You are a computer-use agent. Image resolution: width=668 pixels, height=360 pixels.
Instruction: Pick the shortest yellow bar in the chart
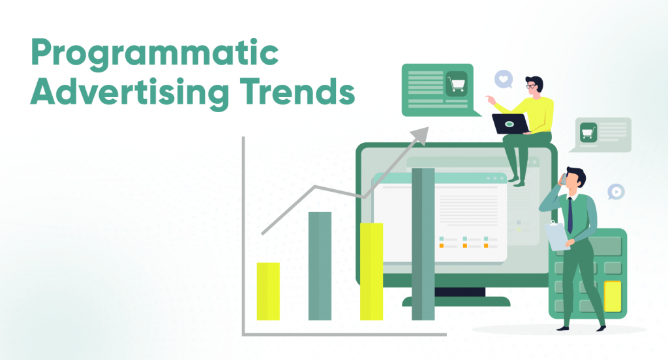[x=268, y=291]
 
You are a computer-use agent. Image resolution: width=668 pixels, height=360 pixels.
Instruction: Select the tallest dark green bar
[x=423, y=244]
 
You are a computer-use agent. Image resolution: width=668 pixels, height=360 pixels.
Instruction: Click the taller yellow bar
[x=371, y=271]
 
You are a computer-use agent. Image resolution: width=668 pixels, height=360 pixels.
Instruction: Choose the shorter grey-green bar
[x=320, y=265]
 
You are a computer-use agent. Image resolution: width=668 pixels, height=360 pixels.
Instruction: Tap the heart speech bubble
[x=503, y=80]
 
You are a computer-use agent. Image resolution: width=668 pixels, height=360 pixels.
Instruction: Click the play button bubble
[x=615, y=191]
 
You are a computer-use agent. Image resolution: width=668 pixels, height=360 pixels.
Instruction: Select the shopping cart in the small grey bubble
[x=589, y=132]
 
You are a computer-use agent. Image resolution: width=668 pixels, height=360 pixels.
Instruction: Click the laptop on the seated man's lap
[x=511, y=123]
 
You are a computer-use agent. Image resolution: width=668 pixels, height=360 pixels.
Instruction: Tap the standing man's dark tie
[x=570, y=215]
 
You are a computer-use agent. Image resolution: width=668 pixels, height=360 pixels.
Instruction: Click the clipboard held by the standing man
[x=556, y=235]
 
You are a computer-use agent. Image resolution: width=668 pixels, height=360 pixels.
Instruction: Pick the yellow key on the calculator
[x=613, y=295]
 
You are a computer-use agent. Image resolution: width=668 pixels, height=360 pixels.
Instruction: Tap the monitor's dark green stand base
[x=456, y=301]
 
